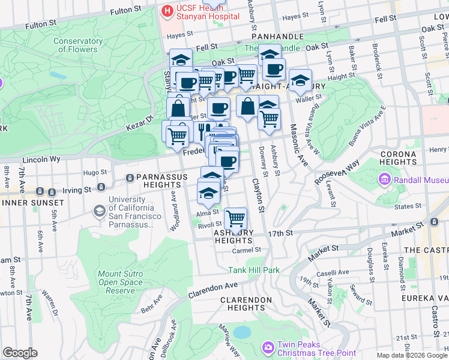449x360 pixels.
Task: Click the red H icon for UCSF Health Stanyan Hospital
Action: tap(165, 10)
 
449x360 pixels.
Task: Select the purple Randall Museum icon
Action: tap(384, 179)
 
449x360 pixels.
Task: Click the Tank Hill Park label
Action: tap(253, 270)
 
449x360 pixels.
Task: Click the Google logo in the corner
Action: tap(20, 352)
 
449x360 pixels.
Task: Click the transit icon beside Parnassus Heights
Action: tap(130, 178)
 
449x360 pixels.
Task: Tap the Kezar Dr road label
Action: tap(140, 121)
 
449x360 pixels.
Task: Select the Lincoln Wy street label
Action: tap(41, 160)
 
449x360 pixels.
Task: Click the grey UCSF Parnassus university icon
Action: tap(98, 211)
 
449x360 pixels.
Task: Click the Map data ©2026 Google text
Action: tap(411, 355)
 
